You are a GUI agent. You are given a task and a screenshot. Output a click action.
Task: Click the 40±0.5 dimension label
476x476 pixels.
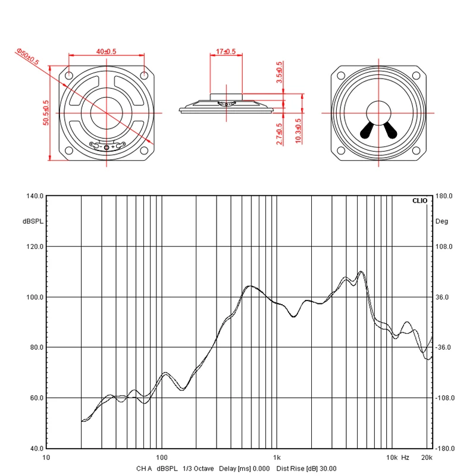(107, 52)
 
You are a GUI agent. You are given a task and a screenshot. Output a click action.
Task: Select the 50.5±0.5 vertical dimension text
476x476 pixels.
(46, 112)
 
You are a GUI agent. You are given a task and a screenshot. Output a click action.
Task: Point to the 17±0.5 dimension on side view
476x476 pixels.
(226, 52)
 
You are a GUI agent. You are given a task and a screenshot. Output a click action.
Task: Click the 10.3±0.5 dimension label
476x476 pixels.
(298, 130)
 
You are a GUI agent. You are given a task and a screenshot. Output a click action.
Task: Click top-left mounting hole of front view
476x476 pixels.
(70, 76)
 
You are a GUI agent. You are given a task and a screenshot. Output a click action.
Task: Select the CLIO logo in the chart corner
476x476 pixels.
(419, 201)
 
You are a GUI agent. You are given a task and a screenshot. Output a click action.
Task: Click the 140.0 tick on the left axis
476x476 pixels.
(34, 196)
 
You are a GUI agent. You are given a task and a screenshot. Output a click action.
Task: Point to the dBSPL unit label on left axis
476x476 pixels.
(33, 221)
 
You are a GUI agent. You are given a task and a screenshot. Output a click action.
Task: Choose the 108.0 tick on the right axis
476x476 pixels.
(444, 246)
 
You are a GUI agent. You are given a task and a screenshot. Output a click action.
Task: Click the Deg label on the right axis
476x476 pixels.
(441, 221)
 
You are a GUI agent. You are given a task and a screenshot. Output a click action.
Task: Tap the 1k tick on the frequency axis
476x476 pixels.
(277, 458)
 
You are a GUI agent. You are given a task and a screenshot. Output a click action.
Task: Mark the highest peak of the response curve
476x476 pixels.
(361, 271)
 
